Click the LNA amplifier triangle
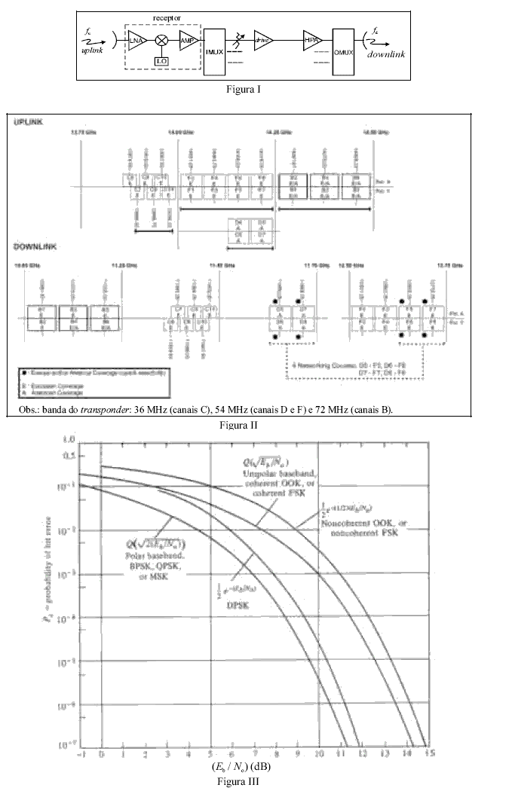click(136, 40)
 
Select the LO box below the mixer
click(161, 60)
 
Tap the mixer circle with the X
click(161, 40)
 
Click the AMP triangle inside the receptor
click(186, 40)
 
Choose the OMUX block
click(343, 48)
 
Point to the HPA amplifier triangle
click(310, 40)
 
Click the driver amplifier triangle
click(263, 41)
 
